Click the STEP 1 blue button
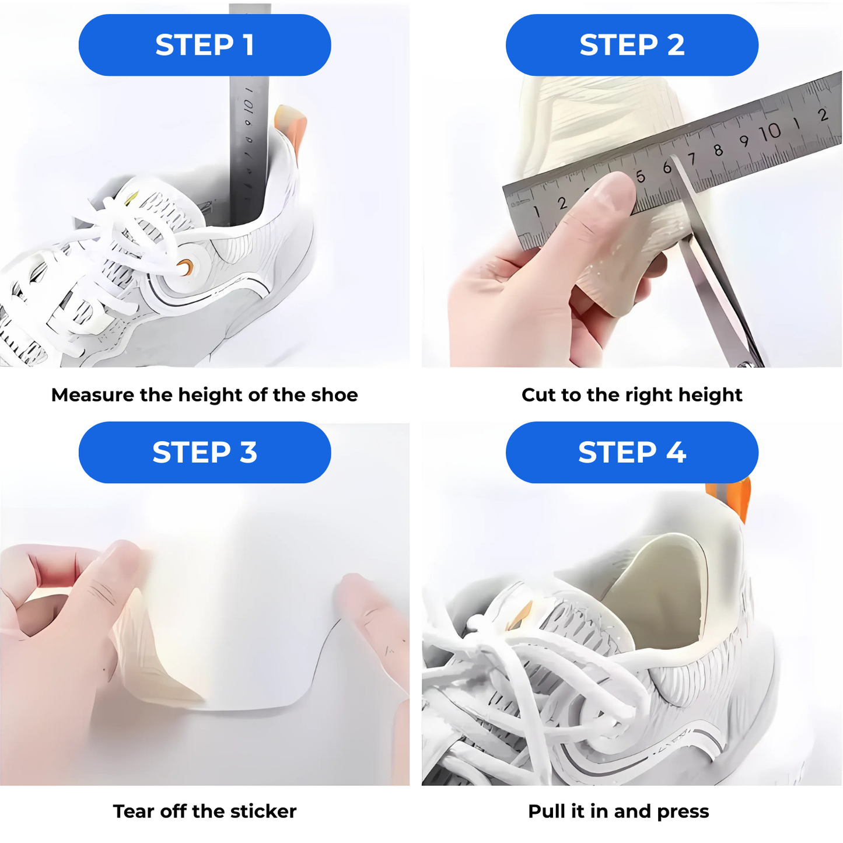click(205, 45)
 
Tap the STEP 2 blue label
click(632, 45)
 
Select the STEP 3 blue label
click(205, 452)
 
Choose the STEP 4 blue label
click(632, 452)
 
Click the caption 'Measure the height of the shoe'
click(204, 395)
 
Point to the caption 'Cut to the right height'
click(632, 395)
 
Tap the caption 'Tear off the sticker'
click(204, 811)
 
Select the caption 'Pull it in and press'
click(618, 811)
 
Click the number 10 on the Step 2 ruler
click(770, 132)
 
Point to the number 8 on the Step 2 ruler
click(718, 150)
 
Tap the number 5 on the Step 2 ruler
click(641, 176)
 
